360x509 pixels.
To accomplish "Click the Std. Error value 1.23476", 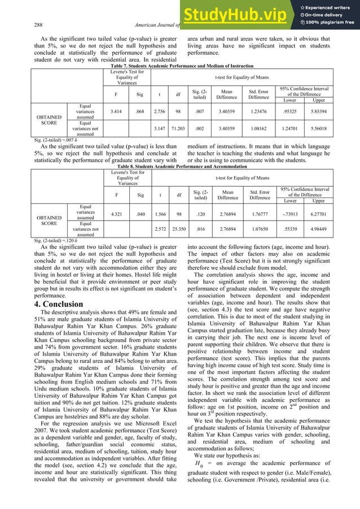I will pyautogui.click(x=261, y=111).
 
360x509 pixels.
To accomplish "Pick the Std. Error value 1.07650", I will pyautogui.click(x=261, y=231).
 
